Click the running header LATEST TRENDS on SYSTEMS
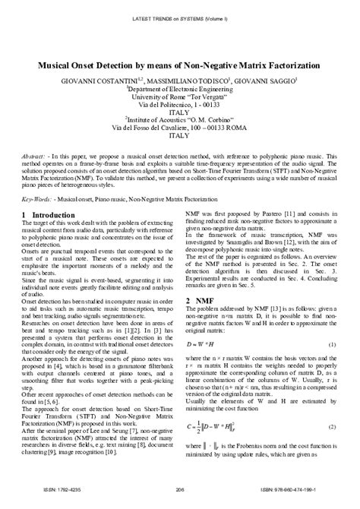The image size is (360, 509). (x=180, y=17)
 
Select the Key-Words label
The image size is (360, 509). (x=38, y=200)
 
